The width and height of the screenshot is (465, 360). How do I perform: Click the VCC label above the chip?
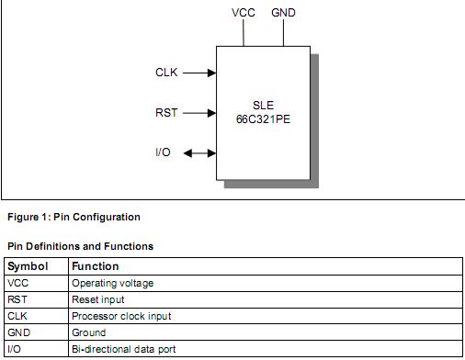(244, 14)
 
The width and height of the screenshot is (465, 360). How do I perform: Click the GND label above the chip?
(283, 14)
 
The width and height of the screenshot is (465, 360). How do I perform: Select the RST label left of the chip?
(166, 114)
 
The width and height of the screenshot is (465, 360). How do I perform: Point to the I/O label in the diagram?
(163, 152)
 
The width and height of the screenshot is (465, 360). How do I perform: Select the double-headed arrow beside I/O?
(199, 153)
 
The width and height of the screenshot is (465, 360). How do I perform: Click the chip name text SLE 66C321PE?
(263, 112)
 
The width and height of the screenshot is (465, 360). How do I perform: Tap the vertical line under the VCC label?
(243, 34)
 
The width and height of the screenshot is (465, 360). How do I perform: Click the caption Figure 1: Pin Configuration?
(74, 218)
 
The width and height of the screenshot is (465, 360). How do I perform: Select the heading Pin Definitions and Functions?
(80, 246)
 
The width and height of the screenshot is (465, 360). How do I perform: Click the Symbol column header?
(27, 266)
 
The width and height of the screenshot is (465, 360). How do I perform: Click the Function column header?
(96, 266)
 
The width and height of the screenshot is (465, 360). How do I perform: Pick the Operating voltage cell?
(112, 283)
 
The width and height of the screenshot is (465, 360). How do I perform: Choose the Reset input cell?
(97, 299)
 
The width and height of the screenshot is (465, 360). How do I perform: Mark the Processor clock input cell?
(121, 316)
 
